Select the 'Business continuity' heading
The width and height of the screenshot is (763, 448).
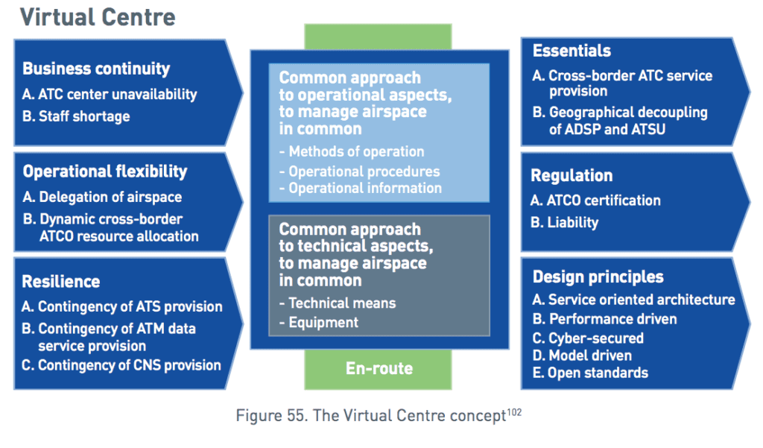(96, 69)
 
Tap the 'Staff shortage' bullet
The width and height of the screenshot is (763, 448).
(83, 116)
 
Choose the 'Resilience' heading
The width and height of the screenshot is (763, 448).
(61, 282)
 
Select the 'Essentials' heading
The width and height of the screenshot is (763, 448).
(572, 51)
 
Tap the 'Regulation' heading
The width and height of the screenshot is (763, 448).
(572, 176)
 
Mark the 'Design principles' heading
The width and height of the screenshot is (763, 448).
(598, 277)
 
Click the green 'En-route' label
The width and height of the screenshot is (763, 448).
(379, 368)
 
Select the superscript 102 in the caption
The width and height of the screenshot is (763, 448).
(513, 409)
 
